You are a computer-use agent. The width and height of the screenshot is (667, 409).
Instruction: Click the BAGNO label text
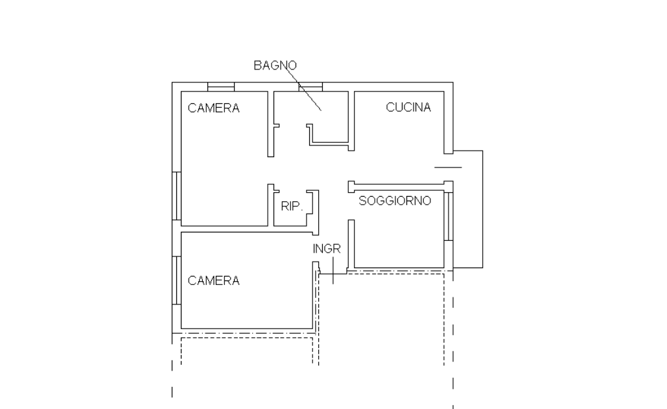(275, 65)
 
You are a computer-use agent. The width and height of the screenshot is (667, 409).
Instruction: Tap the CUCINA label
(408, 107)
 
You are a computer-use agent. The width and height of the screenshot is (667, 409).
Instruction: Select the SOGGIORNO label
(395, 201)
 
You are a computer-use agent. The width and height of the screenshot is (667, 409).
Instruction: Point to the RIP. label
(292, 206)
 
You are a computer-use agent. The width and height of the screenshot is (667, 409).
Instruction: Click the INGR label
(327, 249)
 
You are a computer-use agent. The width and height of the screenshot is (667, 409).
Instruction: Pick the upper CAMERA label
(213, 108)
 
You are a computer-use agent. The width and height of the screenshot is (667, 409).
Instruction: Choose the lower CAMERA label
(213, 280)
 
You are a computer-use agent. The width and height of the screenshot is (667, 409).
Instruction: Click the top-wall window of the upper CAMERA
(221, 87)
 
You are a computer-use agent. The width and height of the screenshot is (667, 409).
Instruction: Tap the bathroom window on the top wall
(310, 87)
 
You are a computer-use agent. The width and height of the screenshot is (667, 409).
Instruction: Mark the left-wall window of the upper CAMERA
(176, 196)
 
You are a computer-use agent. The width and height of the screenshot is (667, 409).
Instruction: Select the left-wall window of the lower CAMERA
(176, 280)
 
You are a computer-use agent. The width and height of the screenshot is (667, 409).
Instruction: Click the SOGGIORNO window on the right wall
(449, 216)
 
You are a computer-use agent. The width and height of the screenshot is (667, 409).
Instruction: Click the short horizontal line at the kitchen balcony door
(448, 167)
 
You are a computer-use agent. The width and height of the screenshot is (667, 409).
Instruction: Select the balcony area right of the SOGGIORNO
(468, 209)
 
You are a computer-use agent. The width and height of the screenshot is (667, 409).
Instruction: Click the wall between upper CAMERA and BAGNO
(270, 124)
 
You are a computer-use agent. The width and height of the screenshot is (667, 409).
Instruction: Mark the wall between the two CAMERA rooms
(250, 229)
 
